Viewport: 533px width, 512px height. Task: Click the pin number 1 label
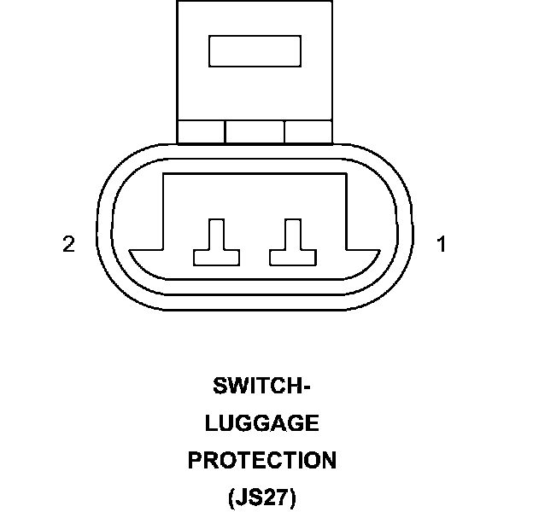coord(442,245)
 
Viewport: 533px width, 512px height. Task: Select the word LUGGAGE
coord(262,423)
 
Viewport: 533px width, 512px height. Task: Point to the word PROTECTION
coord(262,461)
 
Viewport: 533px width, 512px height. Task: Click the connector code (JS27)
coord(262,497)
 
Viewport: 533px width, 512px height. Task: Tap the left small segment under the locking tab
coord(201,131)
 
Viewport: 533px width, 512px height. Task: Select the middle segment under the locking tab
coord(255,131)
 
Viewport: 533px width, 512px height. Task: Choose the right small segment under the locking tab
coord(308,131)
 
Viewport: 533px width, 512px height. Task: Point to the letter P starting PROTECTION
coord(196,461)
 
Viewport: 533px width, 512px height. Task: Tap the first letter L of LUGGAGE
coord(212,423)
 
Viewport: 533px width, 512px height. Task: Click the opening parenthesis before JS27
coord(231,498)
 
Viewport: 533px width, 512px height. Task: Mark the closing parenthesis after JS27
coord(293,498)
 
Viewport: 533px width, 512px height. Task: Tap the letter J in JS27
coord(241,497)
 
